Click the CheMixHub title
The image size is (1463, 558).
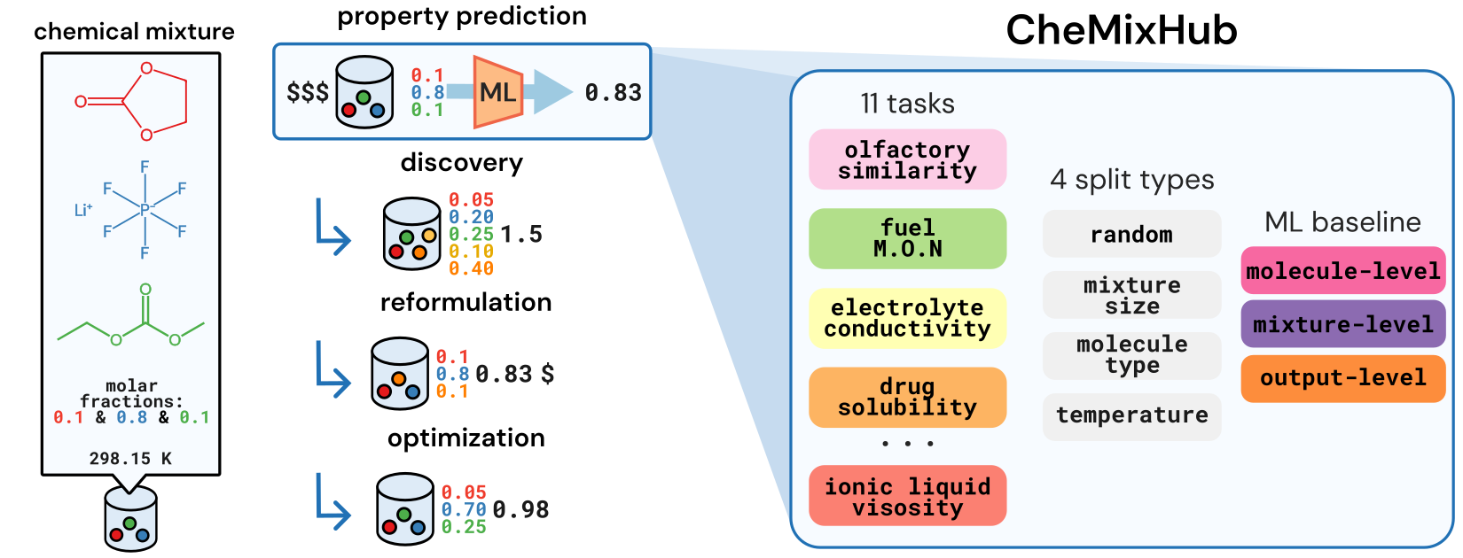click(x=1121, y=31)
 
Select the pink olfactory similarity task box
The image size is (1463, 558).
click(x=907, y=160)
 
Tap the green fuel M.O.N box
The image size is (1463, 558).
click(x=907, y=239)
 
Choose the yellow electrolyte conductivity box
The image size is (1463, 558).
click(x=907, y=318)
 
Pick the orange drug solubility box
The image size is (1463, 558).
click(x=907, y=398)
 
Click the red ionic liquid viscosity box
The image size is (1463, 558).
click(x=907, y=497)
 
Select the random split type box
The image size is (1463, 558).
click(x=1131, y=235)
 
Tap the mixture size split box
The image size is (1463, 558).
click(x=1131, y=296)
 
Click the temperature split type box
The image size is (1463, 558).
click(x=1131, y=415)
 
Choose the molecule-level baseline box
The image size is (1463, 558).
click(x=1342, y=271)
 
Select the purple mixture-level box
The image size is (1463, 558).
click(x=1342, y=324)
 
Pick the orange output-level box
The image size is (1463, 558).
click(x=1342, y=378)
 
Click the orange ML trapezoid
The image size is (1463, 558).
click(x=497, y=92)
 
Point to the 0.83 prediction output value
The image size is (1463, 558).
click(x=613, y=93)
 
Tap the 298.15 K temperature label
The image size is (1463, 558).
click(x=130, y=459)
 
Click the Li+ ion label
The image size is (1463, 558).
click(x=82, y=210)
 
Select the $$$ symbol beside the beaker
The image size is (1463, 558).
click(x=308, y=92)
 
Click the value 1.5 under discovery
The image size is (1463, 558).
click(x=520, y=235)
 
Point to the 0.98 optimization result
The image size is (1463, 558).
click(x=520, y=510)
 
